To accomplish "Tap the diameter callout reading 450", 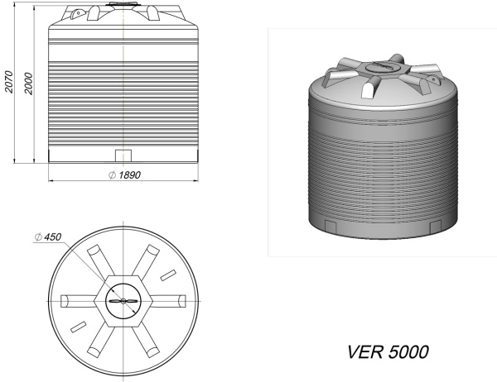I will tap(52, 237).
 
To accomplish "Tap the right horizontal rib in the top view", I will tap(172, 301).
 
